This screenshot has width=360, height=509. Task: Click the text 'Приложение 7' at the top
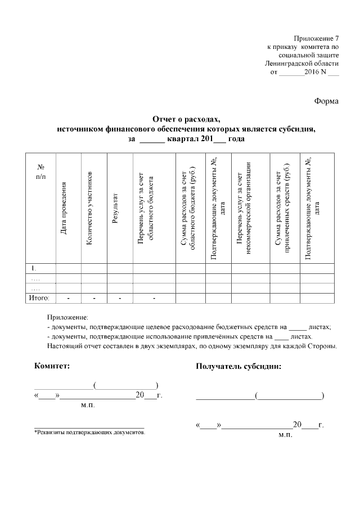coord(317,37)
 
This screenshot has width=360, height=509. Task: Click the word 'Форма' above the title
coord(326,101)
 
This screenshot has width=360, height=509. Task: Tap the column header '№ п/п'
coord(40,172)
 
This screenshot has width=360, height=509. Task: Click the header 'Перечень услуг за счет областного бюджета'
coord(146,208)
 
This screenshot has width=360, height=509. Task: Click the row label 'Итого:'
coord(39,297)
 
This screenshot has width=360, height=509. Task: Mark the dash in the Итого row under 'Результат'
coord(120,297)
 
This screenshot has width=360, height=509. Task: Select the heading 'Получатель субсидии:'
coord(238,366)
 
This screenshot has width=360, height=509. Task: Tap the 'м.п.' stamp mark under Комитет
coord(88,404)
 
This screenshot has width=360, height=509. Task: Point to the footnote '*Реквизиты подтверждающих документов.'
coord(89,433)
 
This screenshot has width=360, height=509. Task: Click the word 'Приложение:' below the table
coord(64,317)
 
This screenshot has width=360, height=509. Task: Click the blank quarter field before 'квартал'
coord(151,138)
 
